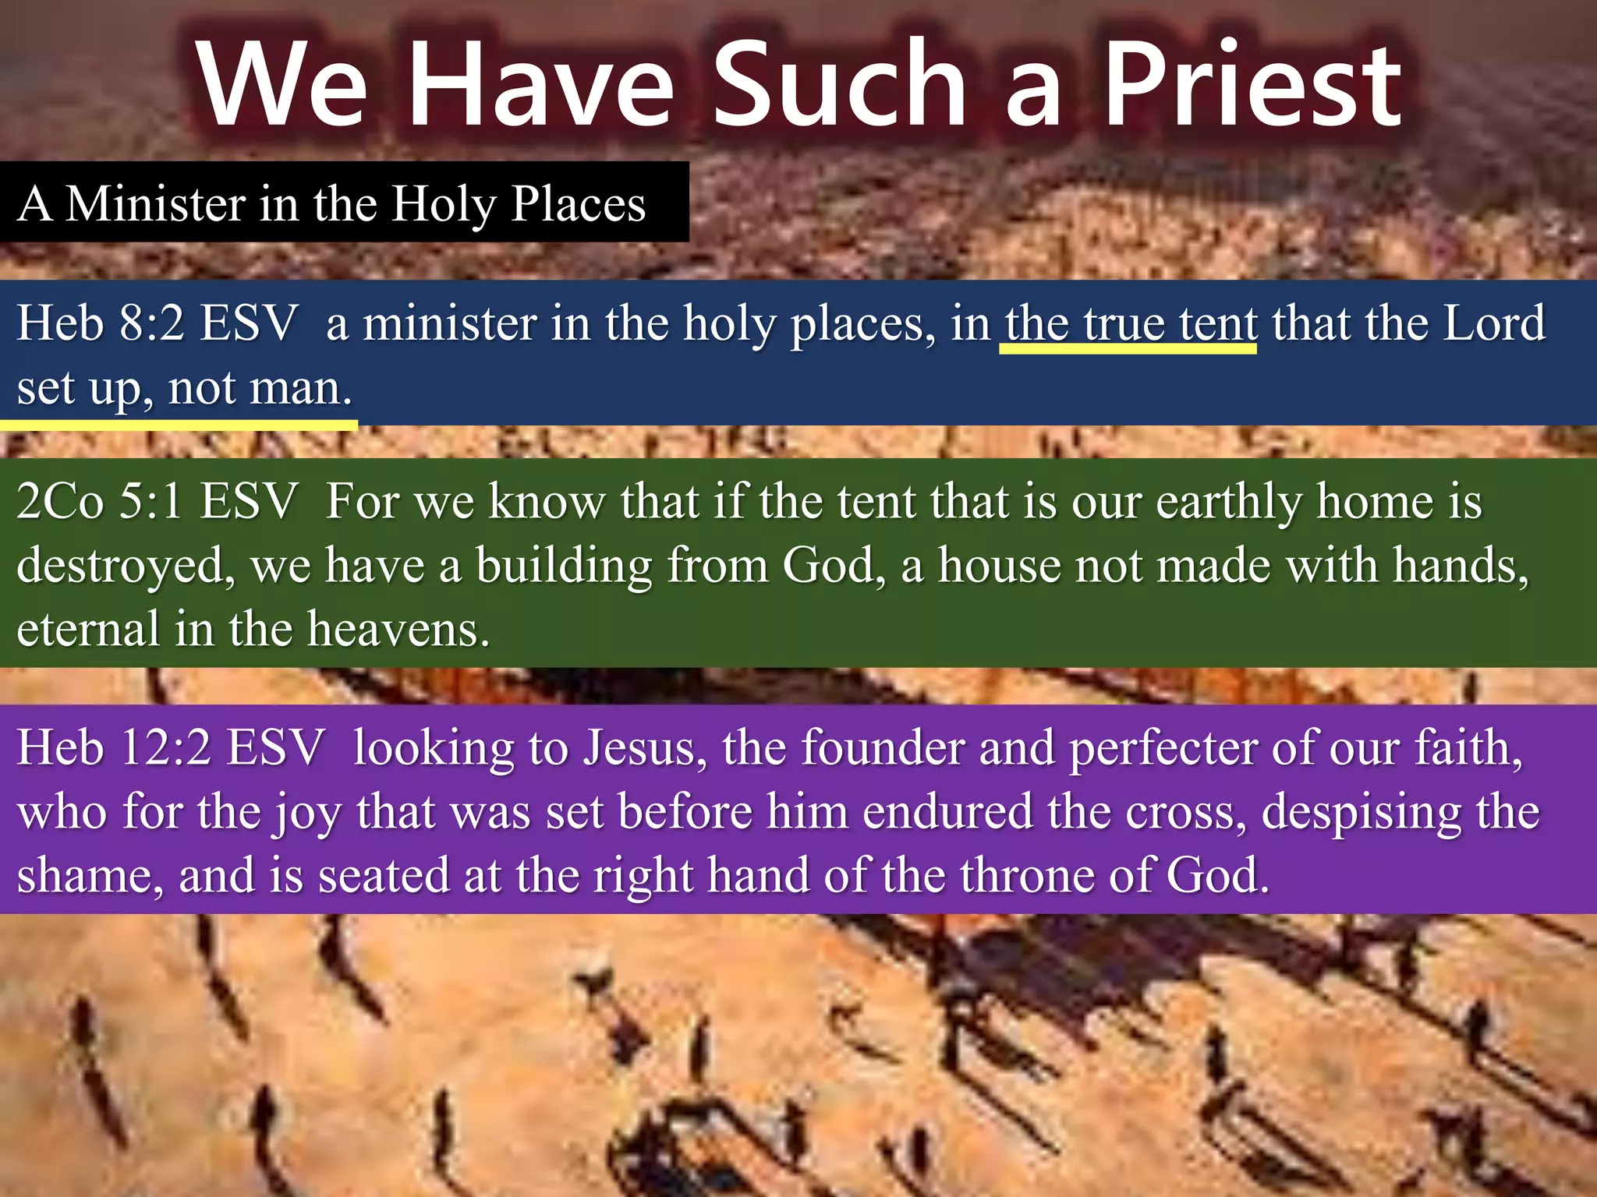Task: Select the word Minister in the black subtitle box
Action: (155, 204)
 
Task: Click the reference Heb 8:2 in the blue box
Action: (101, 323)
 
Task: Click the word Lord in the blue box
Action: (1494, 323)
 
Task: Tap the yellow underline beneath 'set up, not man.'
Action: (179, 425)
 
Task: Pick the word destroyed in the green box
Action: (125, 566)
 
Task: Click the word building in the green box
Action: (564, 566)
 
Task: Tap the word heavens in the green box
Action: (398, 630)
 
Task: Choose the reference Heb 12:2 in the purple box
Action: (114, 748)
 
